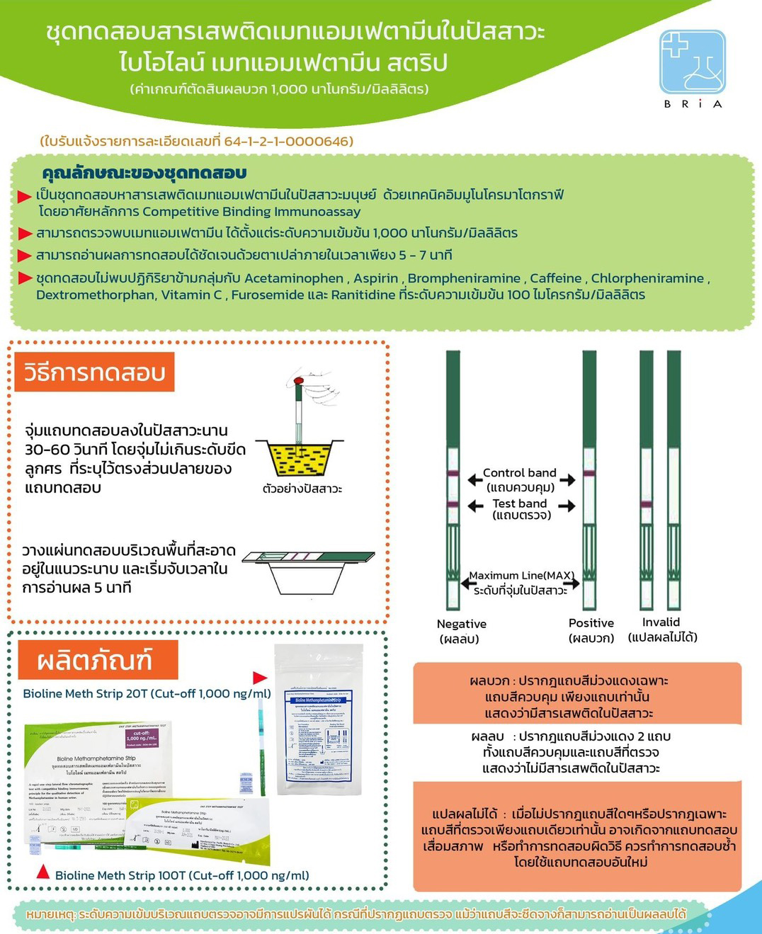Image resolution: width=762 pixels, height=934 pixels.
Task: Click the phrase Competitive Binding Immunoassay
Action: tap(251, 212)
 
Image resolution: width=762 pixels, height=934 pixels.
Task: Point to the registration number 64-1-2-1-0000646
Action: tap(288, 141)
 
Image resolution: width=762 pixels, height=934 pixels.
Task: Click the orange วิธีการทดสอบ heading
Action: tap(95, 372)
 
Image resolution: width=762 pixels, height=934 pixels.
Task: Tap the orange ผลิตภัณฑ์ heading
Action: tap(95, 661)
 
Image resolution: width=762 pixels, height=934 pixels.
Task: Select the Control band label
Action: tap(519, 472)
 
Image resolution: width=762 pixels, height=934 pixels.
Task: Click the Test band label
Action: tap(520, 503)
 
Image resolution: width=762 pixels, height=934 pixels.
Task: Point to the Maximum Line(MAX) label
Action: tap(521, 576)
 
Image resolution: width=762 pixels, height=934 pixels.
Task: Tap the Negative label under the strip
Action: tap(461, 624)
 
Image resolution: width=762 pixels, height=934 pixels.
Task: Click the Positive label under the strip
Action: tap(591, 623)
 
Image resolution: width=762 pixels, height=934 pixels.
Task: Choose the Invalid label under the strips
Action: tap(661, 622)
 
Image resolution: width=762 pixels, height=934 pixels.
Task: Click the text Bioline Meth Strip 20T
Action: tap(85, 694)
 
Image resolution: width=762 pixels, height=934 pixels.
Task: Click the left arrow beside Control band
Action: tap(474, 480)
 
